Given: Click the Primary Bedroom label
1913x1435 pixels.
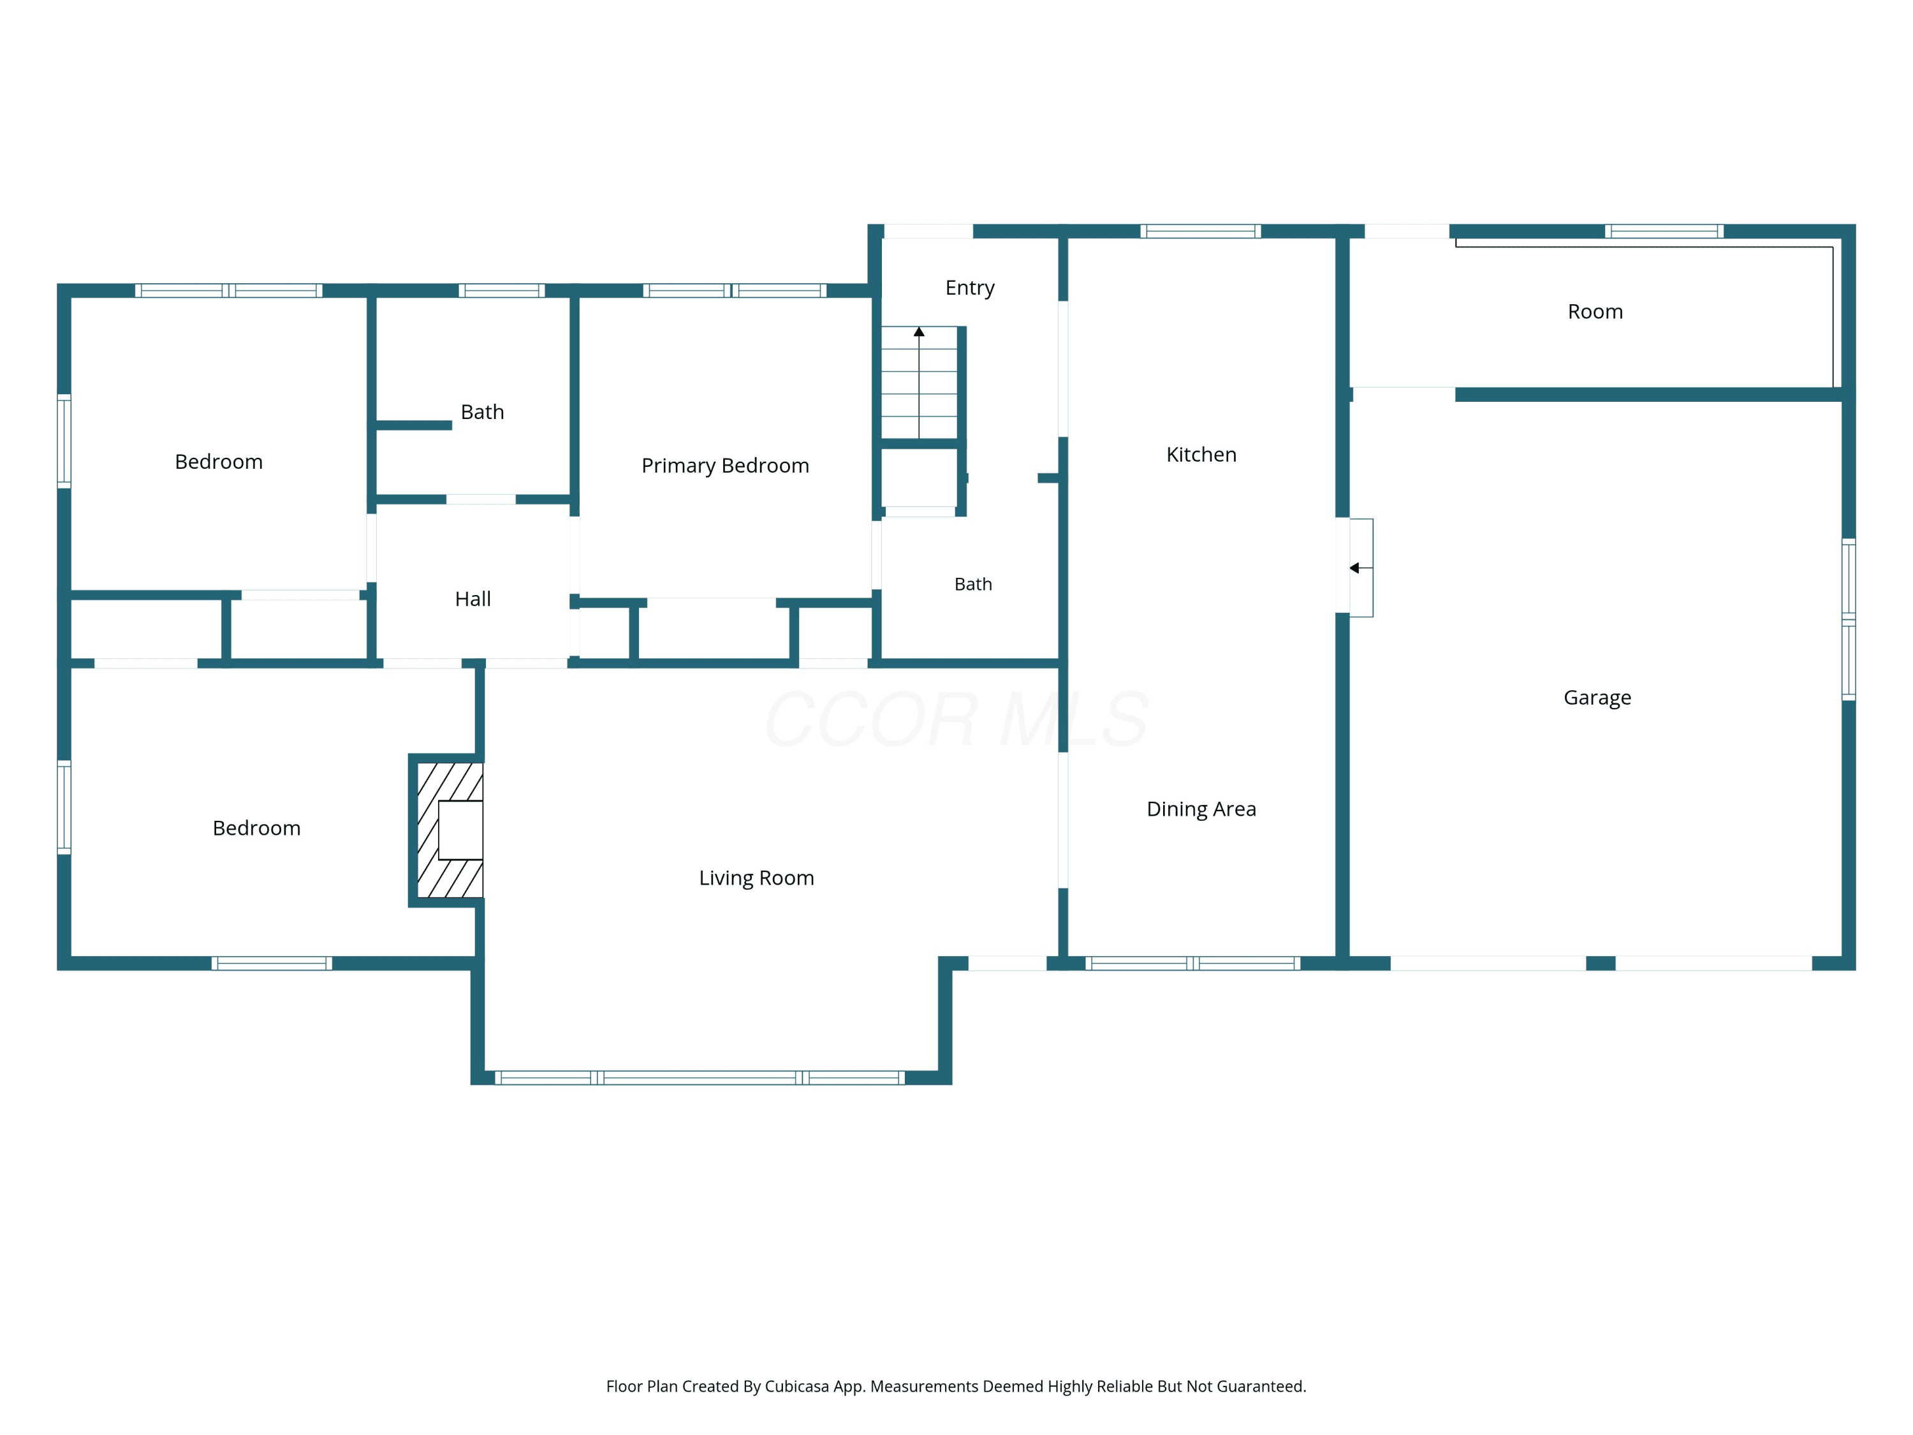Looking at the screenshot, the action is click(725, 466).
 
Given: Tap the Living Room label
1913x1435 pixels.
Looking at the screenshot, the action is click(757, 878).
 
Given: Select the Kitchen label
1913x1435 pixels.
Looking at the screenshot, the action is click(1201, 455).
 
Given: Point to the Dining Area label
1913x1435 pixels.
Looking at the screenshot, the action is click(1201, 809).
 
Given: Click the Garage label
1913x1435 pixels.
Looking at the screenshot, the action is click(1597, 698).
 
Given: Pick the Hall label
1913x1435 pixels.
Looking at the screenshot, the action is click(473, 600).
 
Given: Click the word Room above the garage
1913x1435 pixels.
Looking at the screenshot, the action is click(1595, 311).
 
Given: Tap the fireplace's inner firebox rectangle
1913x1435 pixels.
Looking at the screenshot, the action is click(460, 830).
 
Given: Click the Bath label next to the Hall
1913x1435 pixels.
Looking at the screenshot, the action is click(483, 413).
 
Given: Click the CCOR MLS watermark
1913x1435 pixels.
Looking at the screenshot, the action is click(957, 719).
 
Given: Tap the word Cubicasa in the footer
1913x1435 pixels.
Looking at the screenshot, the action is click(797, 1387).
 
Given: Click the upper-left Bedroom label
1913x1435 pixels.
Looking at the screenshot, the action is click(219, 462).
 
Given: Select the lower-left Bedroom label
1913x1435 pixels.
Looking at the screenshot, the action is click(257, 828).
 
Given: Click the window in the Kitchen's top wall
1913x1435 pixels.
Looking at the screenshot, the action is click(1200, 231).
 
